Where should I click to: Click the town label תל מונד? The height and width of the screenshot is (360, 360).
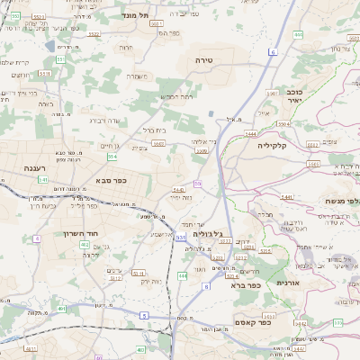tap(138, 15)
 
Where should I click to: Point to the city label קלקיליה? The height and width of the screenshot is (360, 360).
tap(271, 144)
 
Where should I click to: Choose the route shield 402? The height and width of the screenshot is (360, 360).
tap(84, 244)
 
